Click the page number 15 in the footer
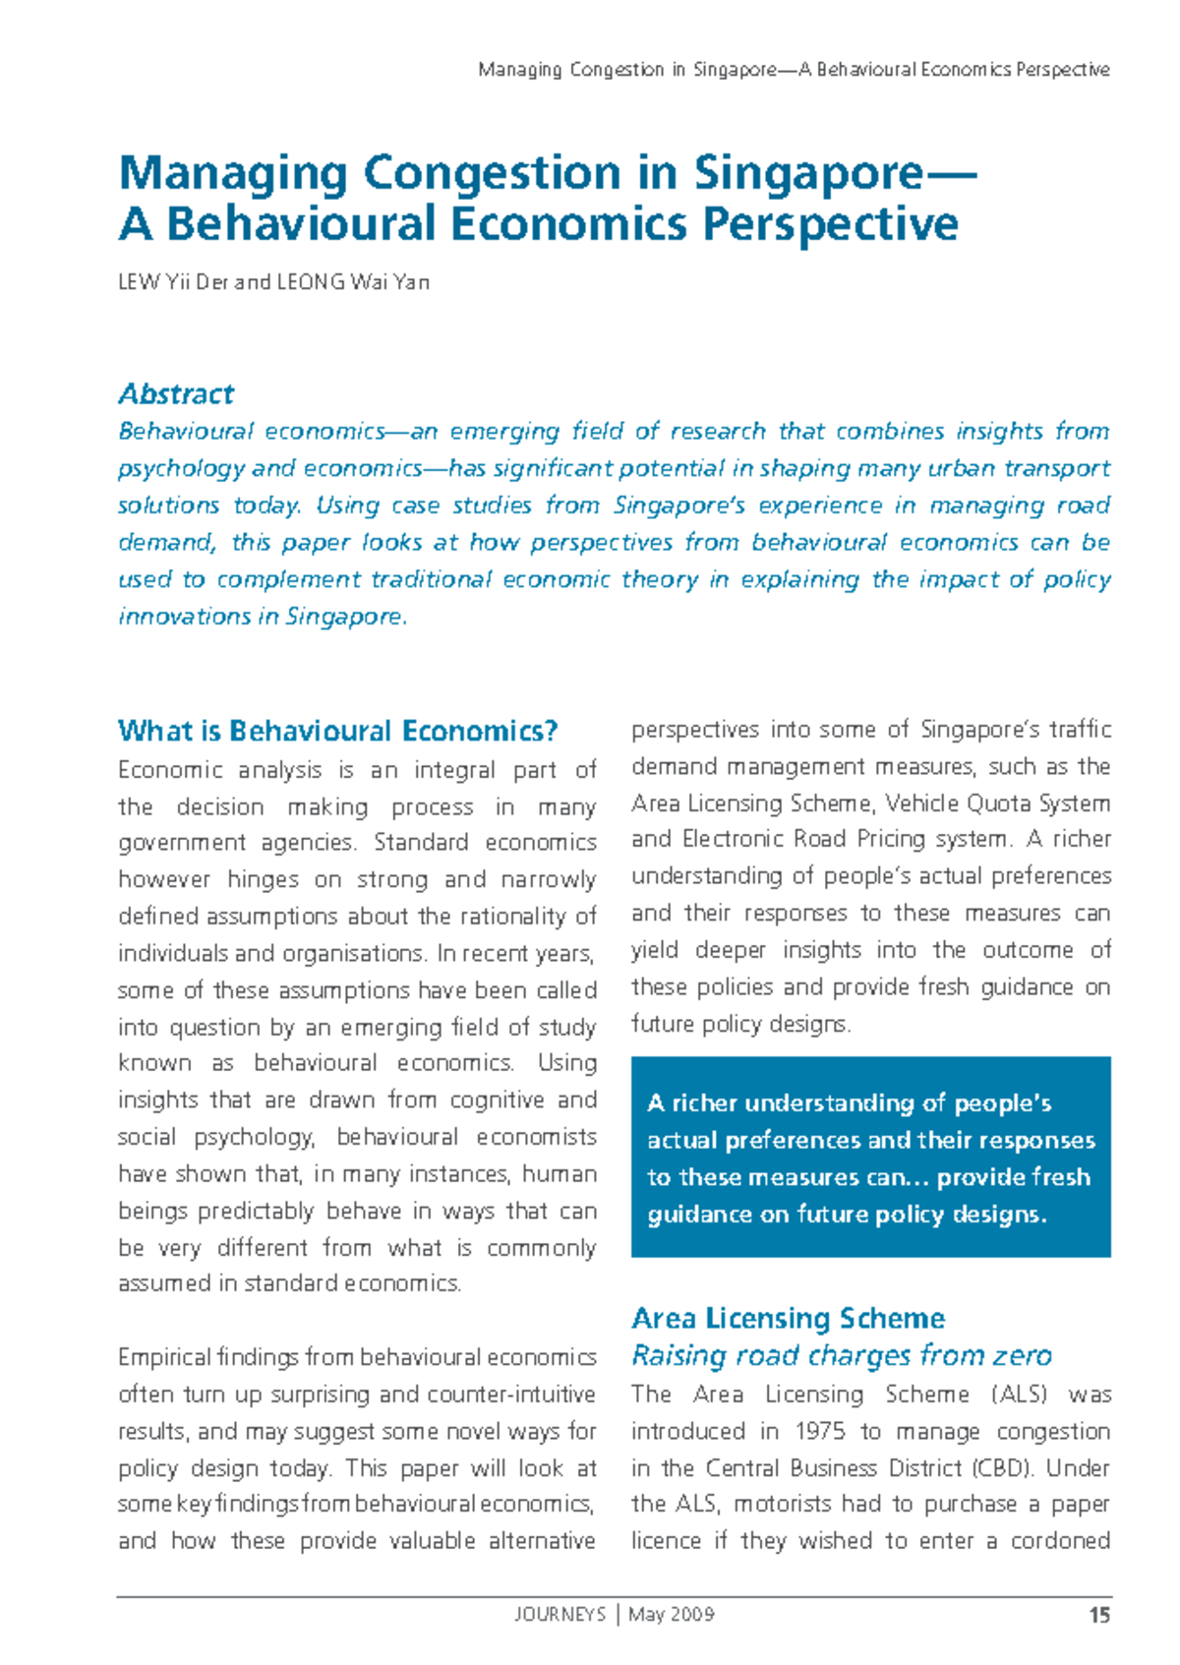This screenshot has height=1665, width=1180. (x=1099, y=1615)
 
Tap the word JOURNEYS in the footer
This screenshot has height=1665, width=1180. (x=560, y=1615)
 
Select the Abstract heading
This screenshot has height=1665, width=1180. (x=176, y=394)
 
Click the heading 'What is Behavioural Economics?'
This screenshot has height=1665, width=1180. (x=337, y=731)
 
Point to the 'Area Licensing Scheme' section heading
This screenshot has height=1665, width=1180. (x=788, y=1318)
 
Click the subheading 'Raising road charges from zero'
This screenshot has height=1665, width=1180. (x=841, y=1355)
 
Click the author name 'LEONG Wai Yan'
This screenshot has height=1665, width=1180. (x=353, y=282)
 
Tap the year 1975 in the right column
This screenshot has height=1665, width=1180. (x=819, y=1431)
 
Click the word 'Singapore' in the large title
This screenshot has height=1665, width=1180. (x=808, y=173)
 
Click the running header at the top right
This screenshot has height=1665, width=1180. (x=794, y=70)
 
